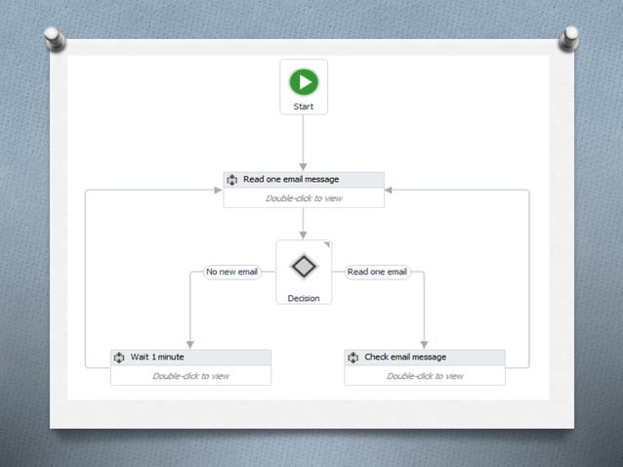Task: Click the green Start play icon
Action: (304, 82)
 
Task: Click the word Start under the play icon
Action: (304, 106)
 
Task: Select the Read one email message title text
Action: (290, 180)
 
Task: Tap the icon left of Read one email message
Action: (232, 180)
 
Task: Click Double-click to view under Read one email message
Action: (304, 198)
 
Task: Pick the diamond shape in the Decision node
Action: (304, 266)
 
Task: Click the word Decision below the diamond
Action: (304, 298)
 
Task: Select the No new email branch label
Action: (232, 272)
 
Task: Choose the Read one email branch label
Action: (377, 272)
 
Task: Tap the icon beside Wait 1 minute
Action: (119, 358)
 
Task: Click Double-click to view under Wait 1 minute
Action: (190, 376)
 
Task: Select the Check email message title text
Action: (405, 357)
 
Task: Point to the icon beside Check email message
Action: (353, 358)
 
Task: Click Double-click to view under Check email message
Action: (425, 376)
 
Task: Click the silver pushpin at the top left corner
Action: (56, 39)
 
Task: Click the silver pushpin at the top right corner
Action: (568, 39)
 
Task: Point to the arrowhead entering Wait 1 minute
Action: (189, 344)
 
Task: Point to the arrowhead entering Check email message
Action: (424, 344)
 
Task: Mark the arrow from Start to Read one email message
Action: (304, 142)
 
